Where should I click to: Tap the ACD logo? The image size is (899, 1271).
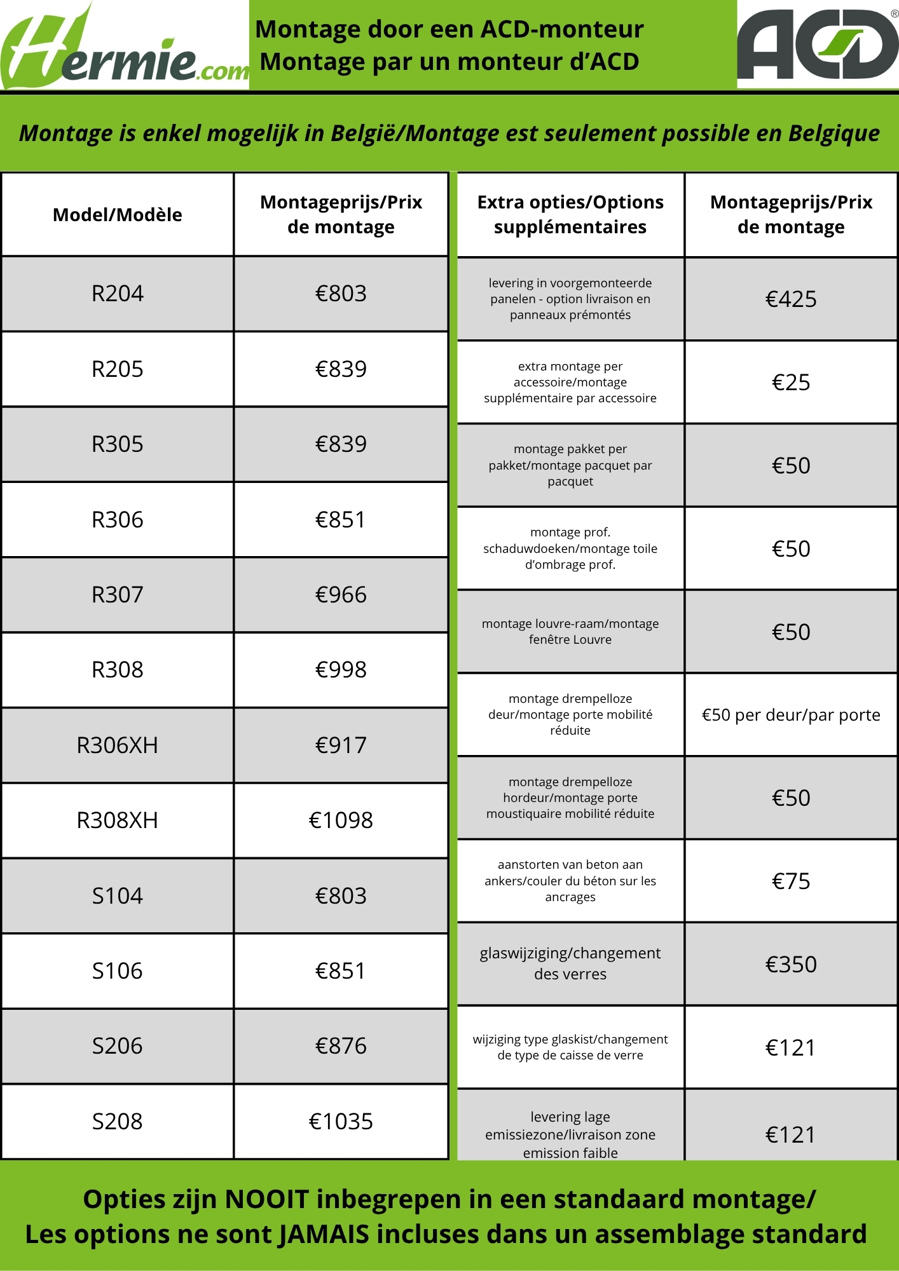coord(818,44)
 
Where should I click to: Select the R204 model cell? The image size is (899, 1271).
coord(118,294)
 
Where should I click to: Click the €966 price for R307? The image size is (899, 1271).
coord(341,595)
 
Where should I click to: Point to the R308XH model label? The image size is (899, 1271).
coord(118,820)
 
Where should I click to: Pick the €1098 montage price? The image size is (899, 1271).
coord(341,820)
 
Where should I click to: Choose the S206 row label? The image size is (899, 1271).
coord(118,1046)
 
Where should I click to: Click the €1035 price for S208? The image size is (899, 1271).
coord(341,1122)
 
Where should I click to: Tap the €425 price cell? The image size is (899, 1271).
coord(791,299)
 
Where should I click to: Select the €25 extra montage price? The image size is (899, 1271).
coord(791,383)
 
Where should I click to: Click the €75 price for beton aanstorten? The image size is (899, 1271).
coord(791,881)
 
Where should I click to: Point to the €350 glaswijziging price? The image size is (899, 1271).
coord(791,965)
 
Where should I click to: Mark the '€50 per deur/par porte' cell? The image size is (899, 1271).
coord(791,715)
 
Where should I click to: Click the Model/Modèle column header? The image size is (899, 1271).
coord(118,215)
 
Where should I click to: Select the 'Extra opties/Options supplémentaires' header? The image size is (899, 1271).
coord(570,215)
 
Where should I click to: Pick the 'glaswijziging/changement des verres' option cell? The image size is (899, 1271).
coord(570,963)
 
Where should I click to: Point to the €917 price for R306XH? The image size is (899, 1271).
coord(341,745)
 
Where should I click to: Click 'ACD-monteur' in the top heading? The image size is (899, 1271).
coord(562,29)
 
